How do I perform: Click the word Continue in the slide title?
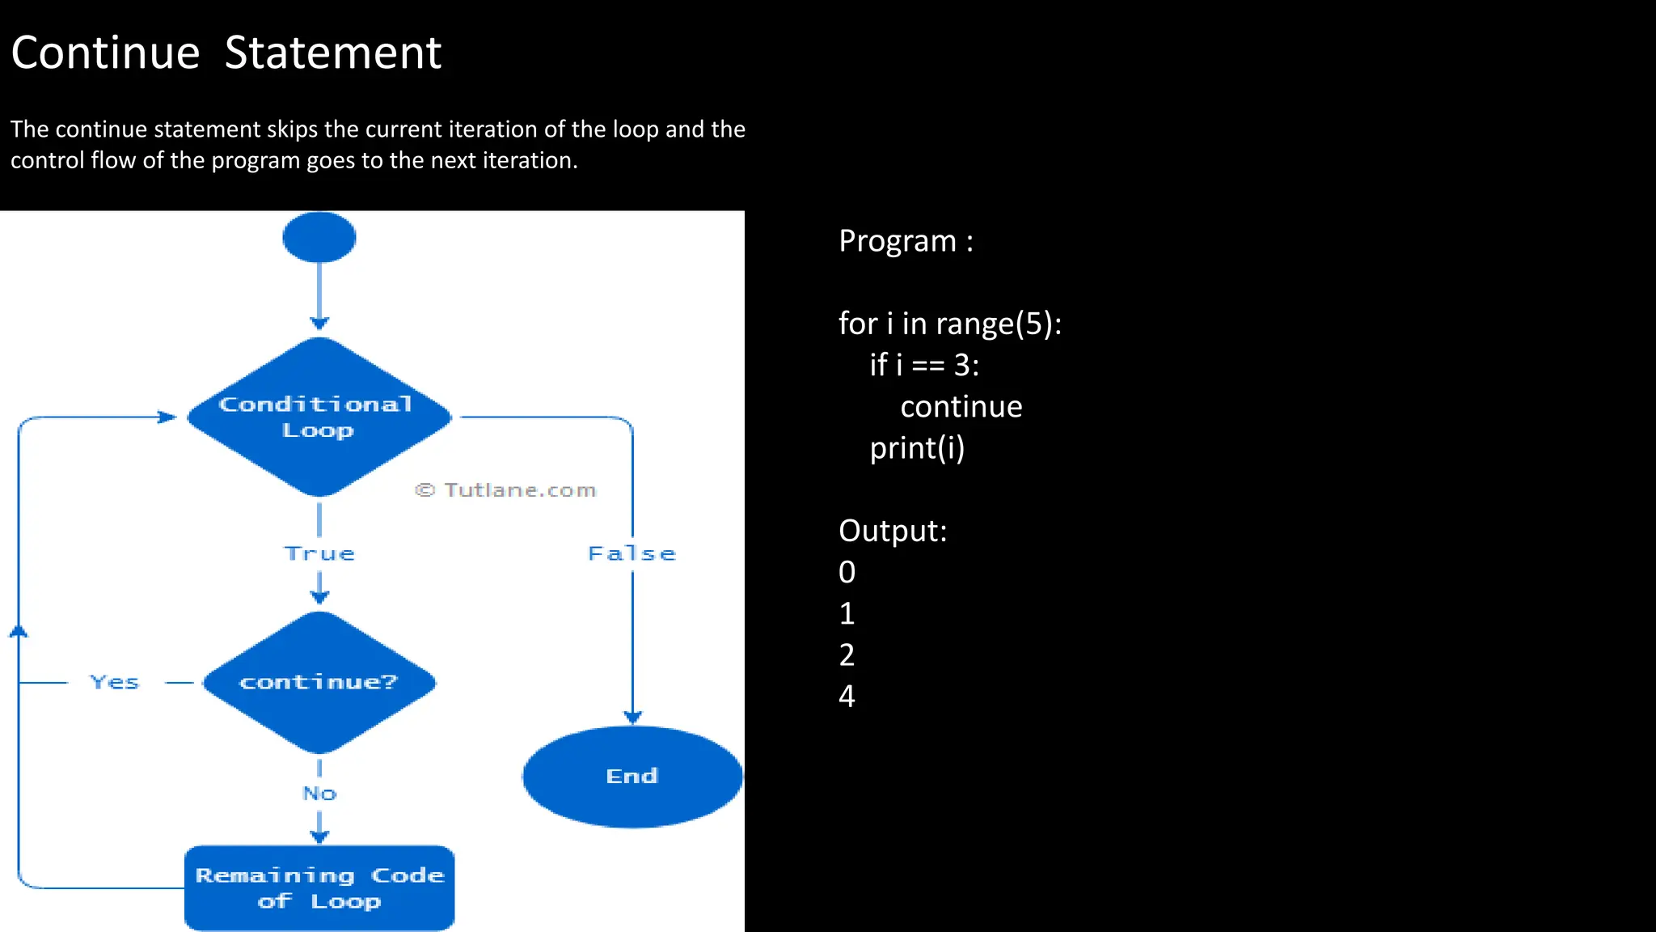pyautogui.click(x=105, y=53)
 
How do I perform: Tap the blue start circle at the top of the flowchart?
pyautogui.click(x=319, y=237)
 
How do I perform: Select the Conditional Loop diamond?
pyautogui.click(x=319, y=417)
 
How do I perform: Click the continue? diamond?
pyautogui.click(x=319, y=682)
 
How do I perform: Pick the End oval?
pyautogui.click(x=632, y=776)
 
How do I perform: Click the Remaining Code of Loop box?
pyautogui.click(x=319, y=888)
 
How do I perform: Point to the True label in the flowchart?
pyautogui.click(x=319, y=553)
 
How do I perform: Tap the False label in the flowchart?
pyautogui.click(x=632, y=553)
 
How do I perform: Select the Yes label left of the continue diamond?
pyautogui.click(x=115, y=682)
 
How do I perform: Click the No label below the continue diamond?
pyautogui.click(x=319, y=793)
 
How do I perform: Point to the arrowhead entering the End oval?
pyautogui.click(x=632, y=717)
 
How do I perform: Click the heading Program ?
pyautogui.click(x=906, y=241)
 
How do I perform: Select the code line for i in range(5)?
pyautogui.click(x=949, y=324)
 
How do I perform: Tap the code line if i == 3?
pyautogui.click(x=924, y=366)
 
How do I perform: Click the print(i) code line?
pyautogui.click(x=917, y=448)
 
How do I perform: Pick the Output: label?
pyautogui.click(x=892, y=531)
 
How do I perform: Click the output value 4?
pyautogui.click(x=847, y=696)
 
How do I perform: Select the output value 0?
pyautogui.click(x=847, y=572)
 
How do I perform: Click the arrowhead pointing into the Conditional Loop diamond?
pyautogui.click(x=168, y=417)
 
